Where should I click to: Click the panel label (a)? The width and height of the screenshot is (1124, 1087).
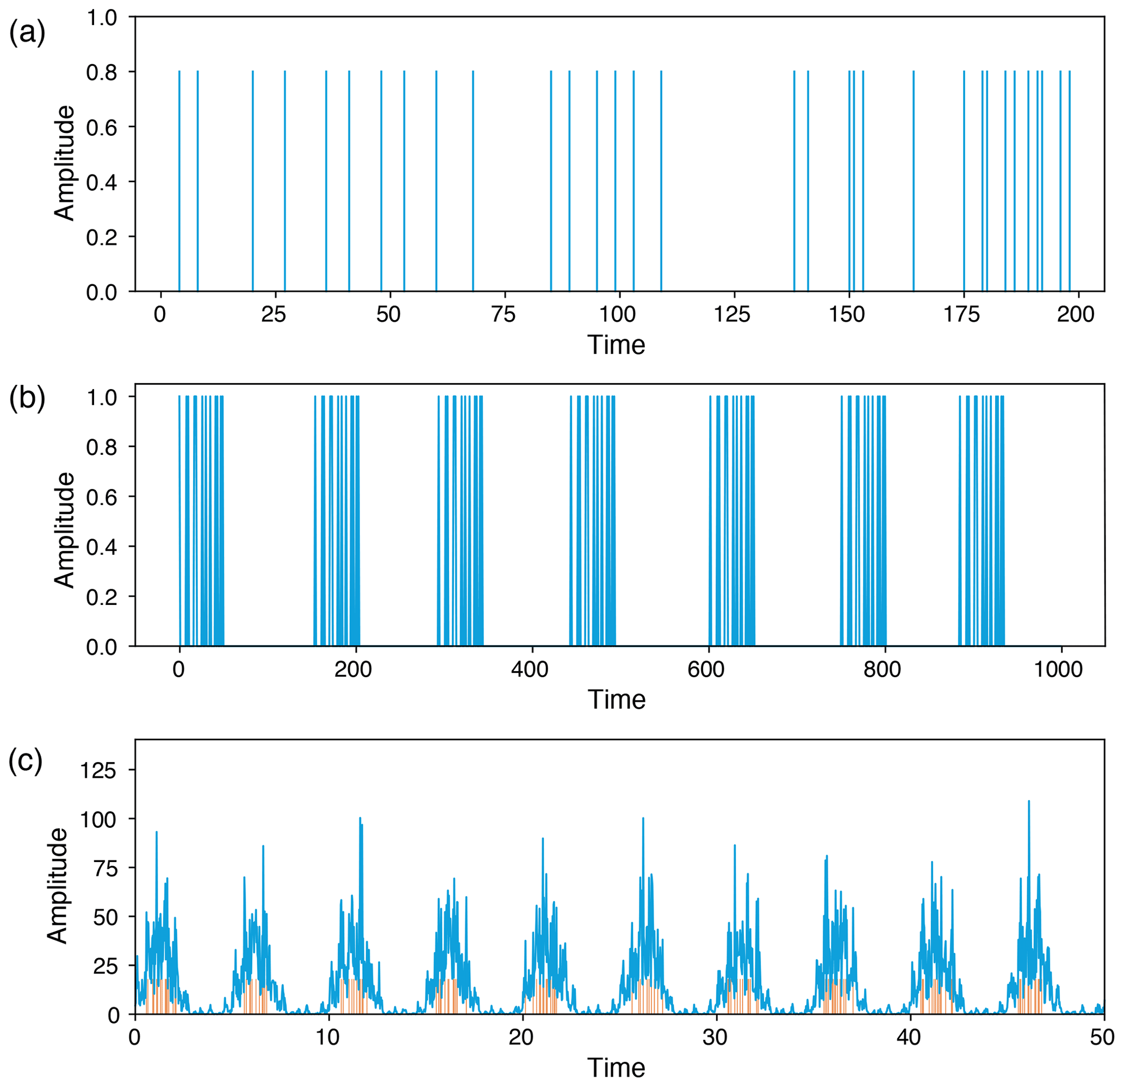point(27,33)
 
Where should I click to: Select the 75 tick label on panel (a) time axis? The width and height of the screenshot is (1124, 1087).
point(504,314)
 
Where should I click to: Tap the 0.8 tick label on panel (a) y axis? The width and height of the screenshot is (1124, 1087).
point(102,72)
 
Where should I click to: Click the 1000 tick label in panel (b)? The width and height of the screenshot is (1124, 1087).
point(1058,669)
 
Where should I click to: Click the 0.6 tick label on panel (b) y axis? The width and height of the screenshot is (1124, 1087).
point(102,497)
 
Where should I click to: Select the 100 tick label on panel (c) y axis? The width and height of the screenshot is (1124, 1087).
point(98,820)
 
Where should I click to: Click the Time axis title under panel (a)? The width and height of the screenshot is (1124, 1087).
point(617,345)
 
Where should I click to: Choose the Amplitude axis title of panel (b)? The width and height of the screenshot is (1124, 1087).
point(65,530)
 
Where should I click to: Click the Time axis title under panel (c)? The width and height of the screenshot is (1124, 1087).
point(617,1068)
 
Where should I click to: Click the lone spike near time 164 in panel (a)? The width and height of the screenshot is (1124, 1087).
point(913,181)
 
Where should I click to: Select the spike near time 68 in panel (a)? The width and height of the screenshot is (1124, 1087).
point(473,181)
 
